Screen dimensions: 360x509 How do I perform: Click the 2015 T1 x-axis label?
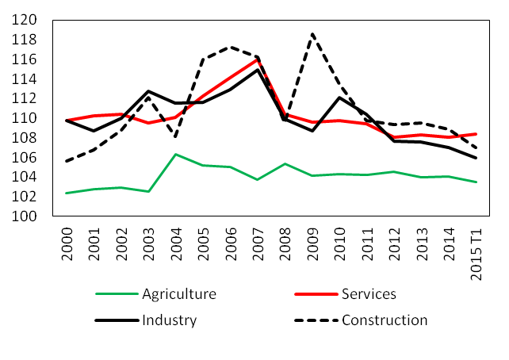click(474, 251)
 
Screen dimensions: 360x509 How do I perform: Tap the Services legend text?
click(369, 294)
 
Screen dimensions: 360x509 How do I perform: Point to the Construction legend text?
click(385, 320)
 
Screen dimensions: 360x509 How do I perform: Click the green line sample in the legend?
click(114, 295)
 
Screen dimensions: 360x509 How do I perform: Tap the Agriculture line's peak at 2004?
click(175, 154)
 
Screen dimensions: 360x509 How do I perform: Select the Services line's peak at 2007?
click(257, 59)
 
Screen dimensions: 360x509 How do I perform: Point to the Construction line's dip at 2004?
click(175, 137)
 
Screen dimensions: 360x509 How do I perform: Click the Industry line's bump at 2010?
click(339, 98)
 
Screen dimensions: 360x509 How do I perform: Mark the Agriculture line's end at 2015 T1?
click(475, 182)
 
